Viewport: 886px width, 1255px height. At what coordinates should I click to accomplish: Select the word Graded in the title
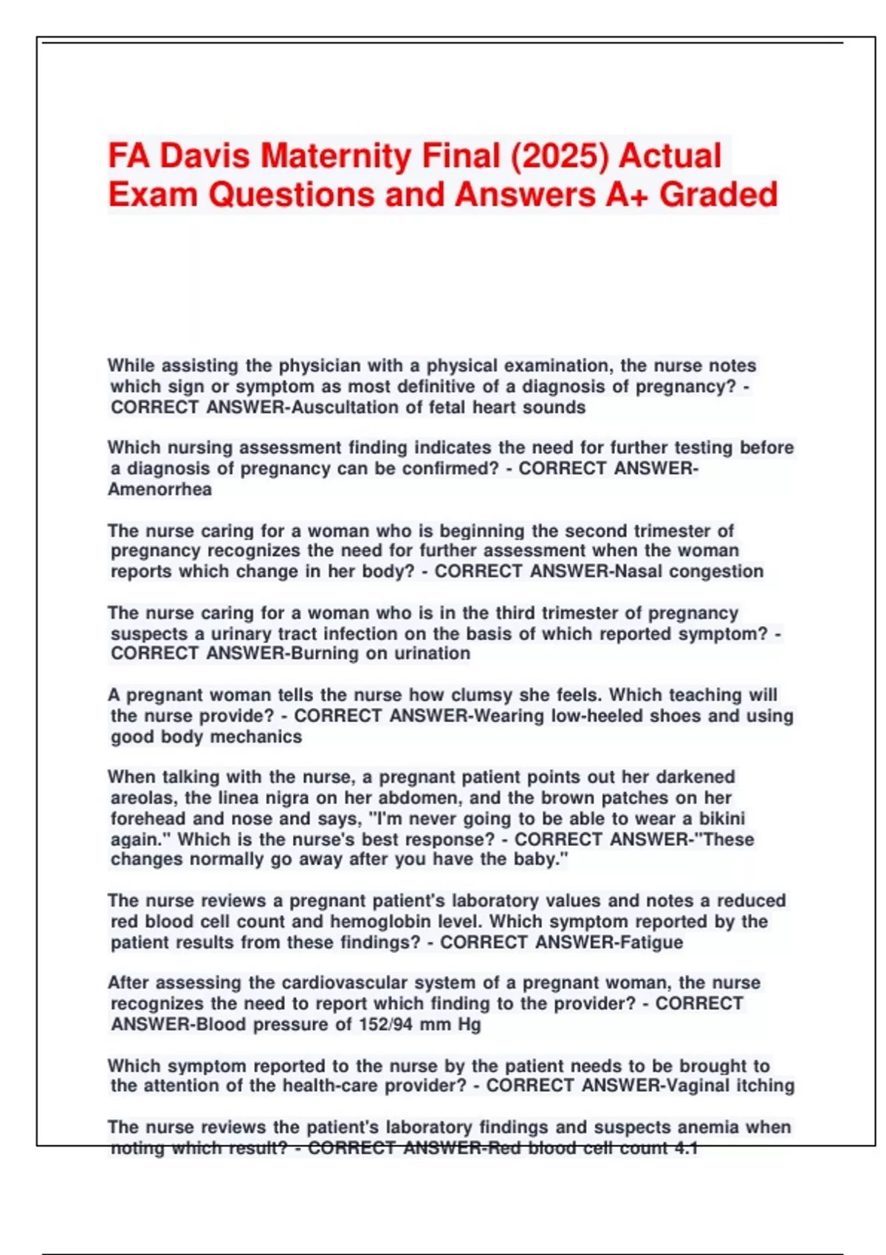point(718,194)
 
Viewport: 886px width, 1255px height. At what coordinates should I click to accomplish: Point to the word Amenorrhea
point(159,489)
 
